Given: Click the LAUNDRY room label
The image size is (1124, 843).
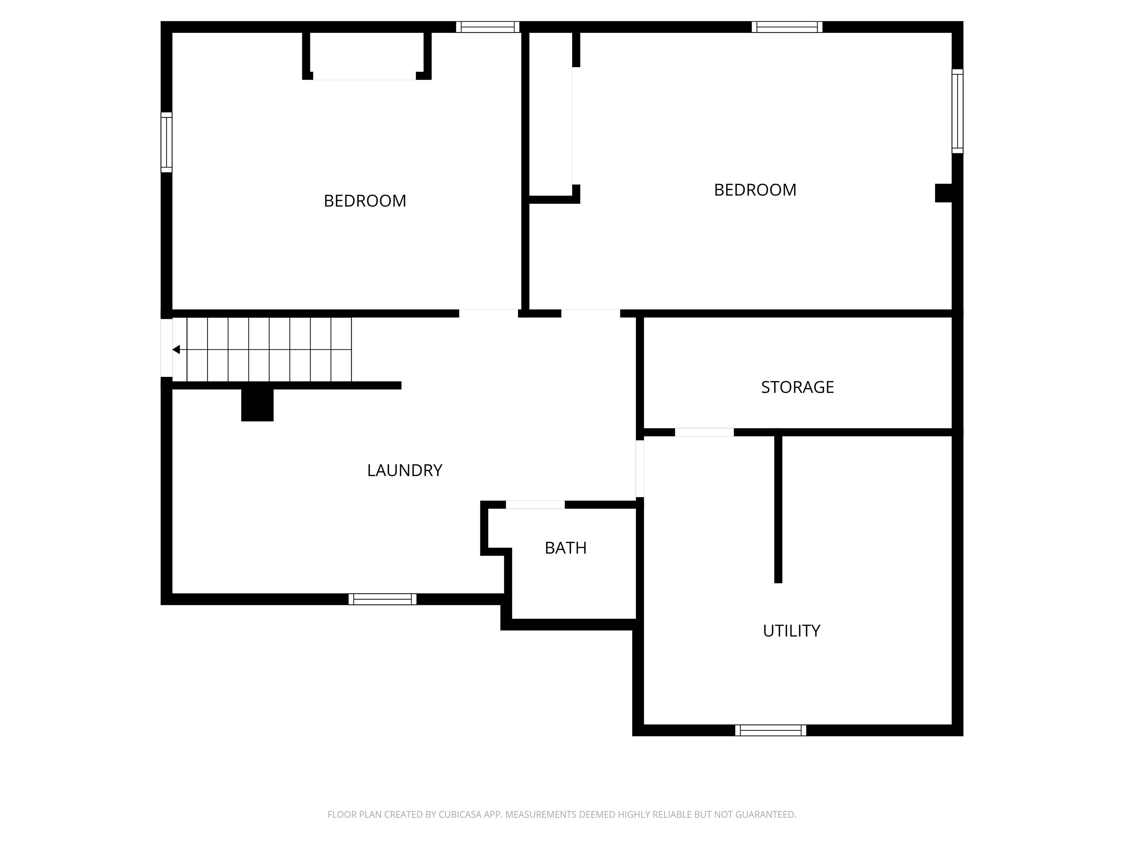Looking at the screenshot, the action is point(404,471).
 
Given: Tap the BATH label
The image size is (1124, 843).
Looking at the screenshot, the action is point(566,548).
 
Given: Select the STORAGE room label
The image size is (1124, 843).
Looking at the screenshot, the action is point(797,387).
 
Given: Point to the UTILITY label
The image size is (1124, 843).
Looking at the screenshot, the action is point(791,630).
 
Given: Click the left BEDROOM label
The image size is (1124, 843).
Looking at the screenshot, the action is point(365,201).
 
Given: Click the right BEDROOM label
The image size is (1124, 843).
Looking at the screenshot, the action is point(755,190).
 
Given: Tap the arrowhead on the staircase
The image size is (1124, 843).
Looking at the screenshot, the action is point(176,349).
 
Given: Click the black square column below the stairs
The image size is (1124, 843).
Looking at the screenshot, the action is point(257,405).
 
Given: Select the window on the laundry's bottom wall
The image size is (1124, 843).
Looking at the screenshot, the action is point(383,599).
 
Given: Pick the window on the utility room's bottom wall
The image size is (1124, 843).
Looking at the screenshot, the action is point(770,730).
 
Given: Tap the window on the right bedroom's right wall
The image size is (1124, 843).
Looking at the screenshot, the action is point(957,111).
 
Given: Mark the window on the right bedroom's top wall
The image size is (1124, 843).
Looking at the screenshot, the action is point(787,27).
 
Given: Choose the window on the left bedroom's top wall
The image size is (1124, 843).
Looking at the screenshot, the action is point(488,27).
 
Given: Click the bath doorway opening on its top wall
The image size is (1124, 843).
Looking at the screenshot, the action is point(535,505).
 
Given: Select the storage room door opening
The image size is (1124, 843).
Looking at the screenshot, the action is point(704,432).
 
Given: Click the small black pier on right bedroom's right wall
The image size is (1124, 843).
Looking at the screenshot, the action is point(944,193).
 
